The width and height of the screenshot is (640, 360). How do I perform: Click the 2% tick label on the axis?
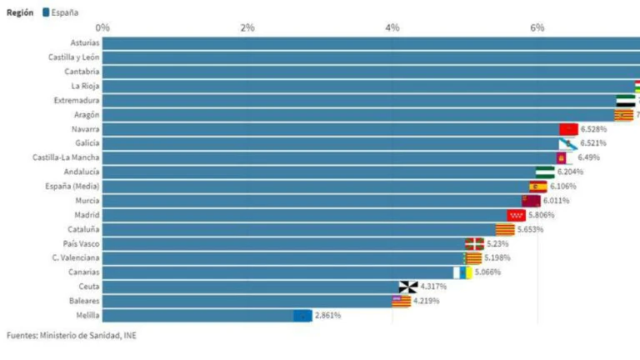coord(247,27)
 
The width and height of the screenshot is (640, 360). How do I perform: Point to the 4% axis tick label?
coord(392,27)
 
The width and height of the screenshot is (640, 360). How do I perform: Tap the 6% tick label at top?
coord(537,27)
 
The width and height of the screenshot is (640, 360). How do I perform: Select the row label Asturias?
coord(85,42)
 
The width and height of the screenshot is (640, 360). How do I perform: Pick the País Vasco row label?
coord(81,243)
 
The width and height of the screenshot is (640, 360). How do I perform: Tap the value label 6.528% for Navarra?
coord(600,129)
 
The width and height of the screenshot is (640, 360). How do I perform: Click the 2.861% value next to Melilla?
coord(327,315)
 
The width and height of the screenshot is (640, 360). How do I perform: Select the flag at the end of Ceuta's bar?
coord(408,287)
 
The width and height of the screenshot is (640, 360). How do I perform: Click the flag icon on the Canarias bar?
coord(462,272)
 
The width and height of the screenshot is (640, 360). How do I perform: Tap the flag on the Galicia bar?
coord(567,143)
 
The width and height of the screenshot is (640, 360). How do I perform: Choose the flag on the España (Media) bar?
coord(538,187)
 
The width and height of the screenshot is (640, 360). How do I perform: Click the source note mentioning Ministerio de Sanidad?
coord(71,336)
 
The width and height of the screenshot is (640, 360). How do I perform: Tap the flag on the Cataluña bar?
coord(505,229)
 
